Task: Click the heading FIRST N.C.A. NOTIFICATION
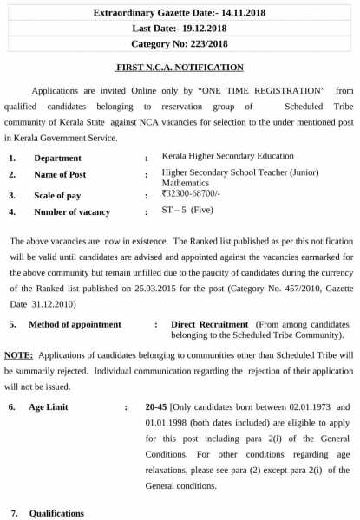coord(180,67)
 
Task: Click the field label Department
coord(57,159)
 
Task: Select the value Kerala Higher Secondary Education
coord(227,156)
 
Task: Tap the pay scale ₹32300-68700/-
coord(192,195)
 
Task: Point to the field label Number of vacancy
coord(72,212)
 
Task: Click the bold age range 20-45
coord(157,406)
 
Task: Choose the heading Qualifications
coord(57,513)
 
